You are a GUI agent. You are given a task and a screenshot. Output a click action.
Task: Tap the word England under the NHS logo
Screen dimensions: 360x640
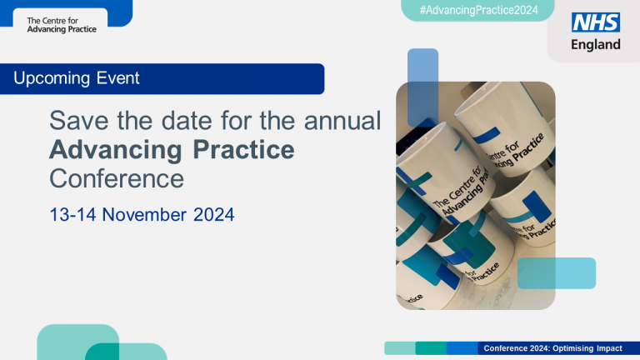pyautogui.click(x=595, y=44)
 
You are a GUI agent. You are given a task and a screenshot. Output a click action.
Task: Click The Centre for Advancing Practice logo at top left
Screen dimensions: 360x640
pyautogui.click(x=62, y=25)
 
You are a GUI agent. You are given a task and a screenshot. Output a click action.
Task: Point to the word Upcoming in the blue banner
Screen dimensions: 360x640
pyautogui.click(x=49, y=79)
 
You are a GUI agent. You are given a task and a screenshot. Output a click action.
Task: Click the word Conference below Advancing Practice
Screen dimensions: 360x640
pyautogui.click(x=116, y=178)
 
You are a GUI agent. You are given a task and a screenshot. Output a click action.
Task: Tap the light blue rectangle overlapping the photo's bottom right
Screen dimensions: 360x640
pyautogui.click(x=557, y=273)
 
